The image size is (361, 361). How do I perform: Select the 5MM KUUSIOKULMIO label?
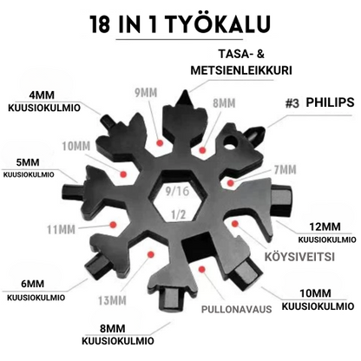30,167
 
